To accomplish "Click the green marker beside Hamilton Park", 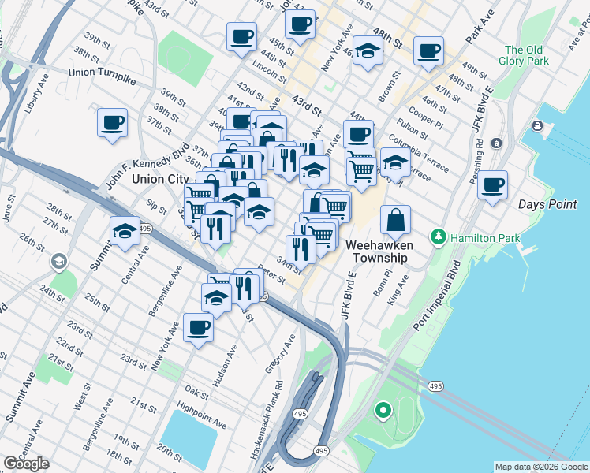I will pyautogui.click(x=438, y=236).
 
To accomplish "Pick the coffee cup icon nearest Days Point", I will pyautogui.click(x=492, y=186).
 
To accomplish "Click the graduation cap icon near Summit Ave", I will pyautogui.click(x=125, y=231).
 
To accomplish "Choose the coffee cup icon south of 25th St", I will pyautogui.click(x=198, y=327).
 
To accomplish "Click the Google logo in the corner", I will pyautogui.click(x=27, y=464).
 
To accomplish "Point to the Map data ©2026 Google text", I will pyautogui.click(x=541, y=467).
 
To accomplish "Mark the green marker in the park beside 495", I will pyautogui.click(x=383, y=410).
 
